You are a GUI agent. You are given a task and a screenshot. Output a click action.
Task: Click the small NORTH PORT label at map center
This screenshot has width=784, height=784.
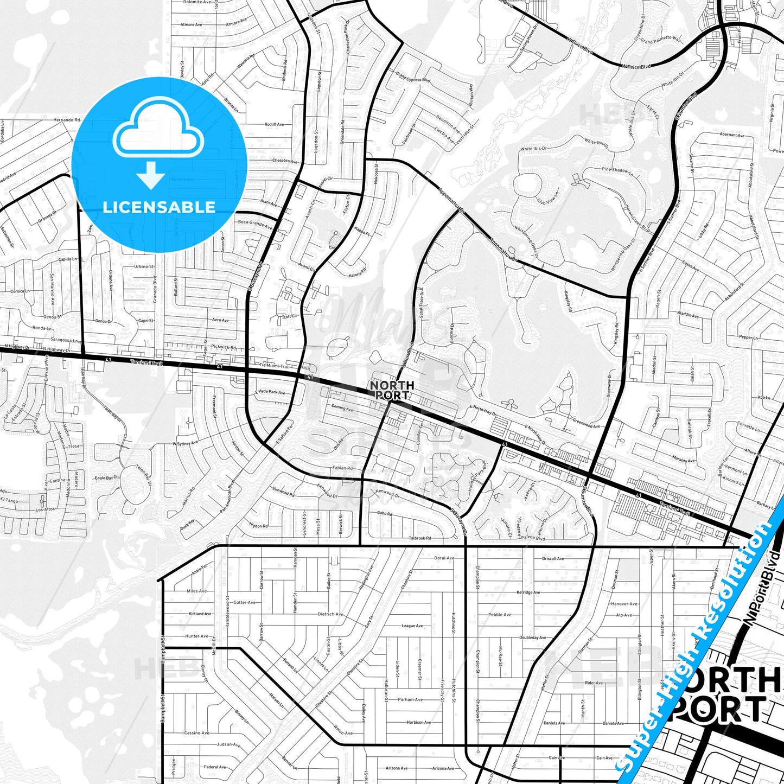(392, 390)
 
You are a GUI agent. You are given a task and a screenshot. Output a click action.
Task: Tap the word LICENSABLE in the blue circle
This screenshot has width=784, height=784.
(159, 207)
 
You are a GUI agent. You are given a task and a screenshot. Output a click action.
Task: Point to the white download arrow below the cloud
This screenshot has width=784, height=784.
(151, 175)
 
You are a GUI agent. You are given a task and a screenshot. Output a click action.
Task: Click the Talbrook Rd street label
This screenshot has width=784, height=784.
(419, 538)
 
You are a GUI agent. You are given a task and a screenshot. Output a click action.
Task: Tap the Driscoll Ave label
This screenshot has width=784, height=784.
(553, 558)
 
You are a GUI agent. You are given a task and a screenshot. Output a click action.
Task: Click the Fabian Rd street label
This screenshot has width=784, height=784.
(343, 468)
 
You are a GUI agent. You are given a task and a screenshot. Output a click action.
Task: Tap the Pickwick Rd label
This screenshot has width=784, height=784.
(224, 347)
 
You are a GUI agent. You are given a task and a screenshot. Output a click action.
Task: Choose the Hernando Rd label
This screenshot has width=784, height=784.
(67, 119)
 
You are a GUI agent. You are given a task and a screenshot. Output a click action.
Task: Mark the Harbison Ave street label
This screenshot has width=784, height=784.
(419, 722)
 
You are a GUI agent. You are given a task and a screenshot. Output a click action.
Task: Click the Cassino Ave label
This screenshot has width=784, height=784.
(196, 732)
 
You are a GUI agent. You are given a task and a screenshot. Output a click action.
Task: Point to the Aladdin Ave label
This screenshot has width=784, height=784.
(688, 315)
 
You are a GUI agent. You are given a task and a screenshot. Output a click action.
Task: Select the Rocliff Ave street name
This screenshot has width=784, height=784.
(274, 124)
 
